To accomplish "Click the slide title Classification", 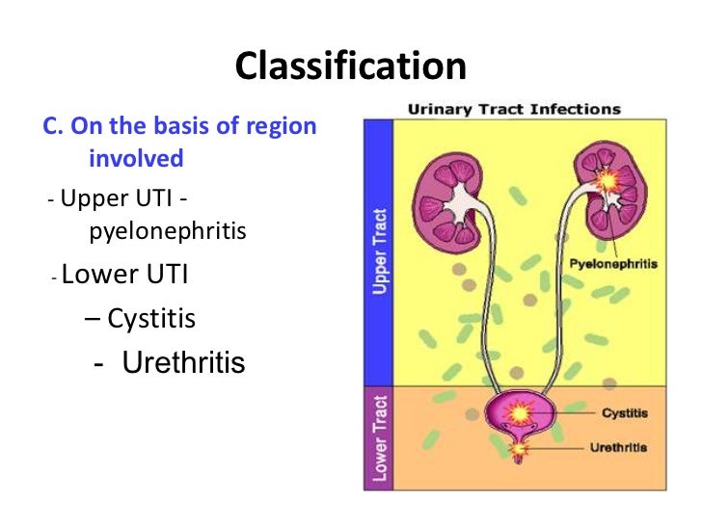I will [x=351, y=66].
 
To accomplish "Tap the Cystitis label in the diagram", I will [x=624, y=413].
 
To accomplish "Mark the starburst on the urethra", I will [x=522, y=448].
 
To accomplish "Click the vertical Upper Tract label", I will [x=380, y=252].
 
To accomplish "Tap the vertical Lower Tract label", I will [x=380, y=437].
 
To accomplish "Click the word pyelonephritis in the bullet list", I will [x=168, y=231].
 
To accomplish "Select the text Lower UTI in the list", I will [x=124, y=276].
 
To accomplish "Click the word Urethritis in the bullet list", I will [x=184, y=363].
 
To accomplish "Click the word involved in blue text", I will [x=136, y=157].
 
